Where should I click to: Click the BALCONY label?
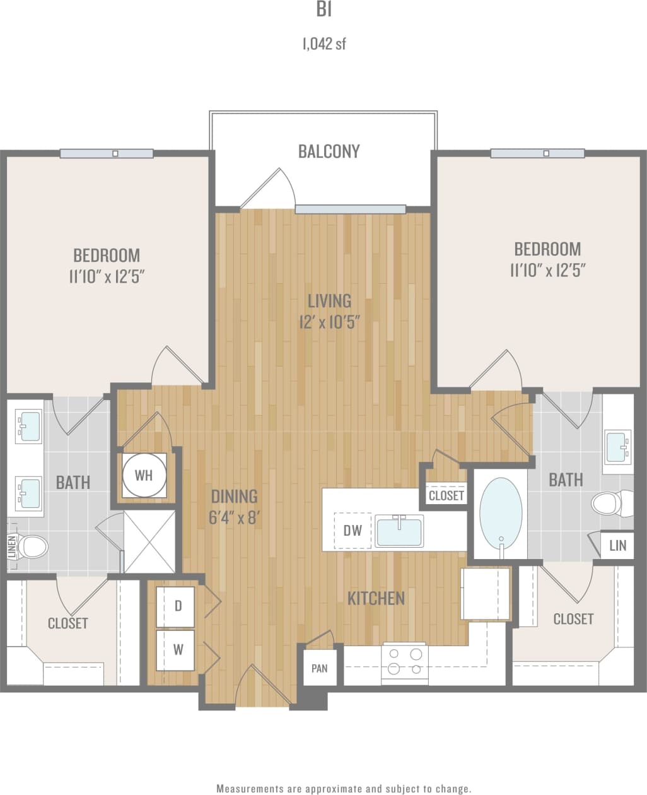[x=329, y=151]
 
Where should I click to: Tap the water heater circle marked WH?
[x=144, y=475]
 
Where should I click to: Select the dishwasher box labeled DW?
[x=353, y=531]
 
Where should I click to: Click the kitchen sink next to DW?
[x=399, y=531]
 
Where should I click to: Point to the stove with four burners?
[x=405, y=662]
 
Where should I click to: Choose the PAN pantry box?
[x=320, y=668]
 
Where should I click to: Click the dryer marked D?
[x=178, y=606]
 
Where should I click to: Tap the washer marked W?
[x=178, y=649]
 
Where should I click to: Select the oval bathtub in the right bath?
[x=501, y=510]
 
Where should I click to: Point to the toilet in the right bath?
[x=609, y=503]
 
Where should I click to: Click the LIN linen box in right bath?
[x=617, y=545]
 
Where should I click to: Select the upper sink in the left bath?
[x=28, y=425]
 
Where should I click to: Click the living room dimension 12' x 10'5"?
[x=329, y=322]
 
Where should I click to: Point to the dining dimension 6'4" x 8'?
[x=234, y=518]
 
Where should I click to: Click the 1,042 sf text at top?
[x=324, y=44]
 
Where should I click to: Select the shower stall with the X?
[x=149, y=542]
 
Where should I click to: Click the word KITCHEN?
[x=376, y=598]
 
